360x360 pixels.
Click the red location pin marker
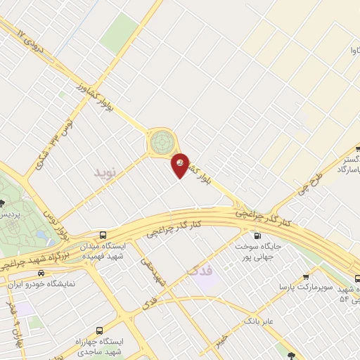click(x=181, y=165)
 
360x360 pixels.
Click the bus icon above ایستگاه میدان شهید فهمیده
click(x=103, y=235)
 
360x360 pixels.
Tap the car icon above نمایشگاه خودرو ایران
click(x=41, y=272)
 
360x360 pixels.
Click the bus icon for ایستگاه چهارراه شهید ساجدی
click(x=98, y=330)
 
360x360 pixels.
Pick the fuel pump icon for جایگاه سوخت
click(x=256, y=236)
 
